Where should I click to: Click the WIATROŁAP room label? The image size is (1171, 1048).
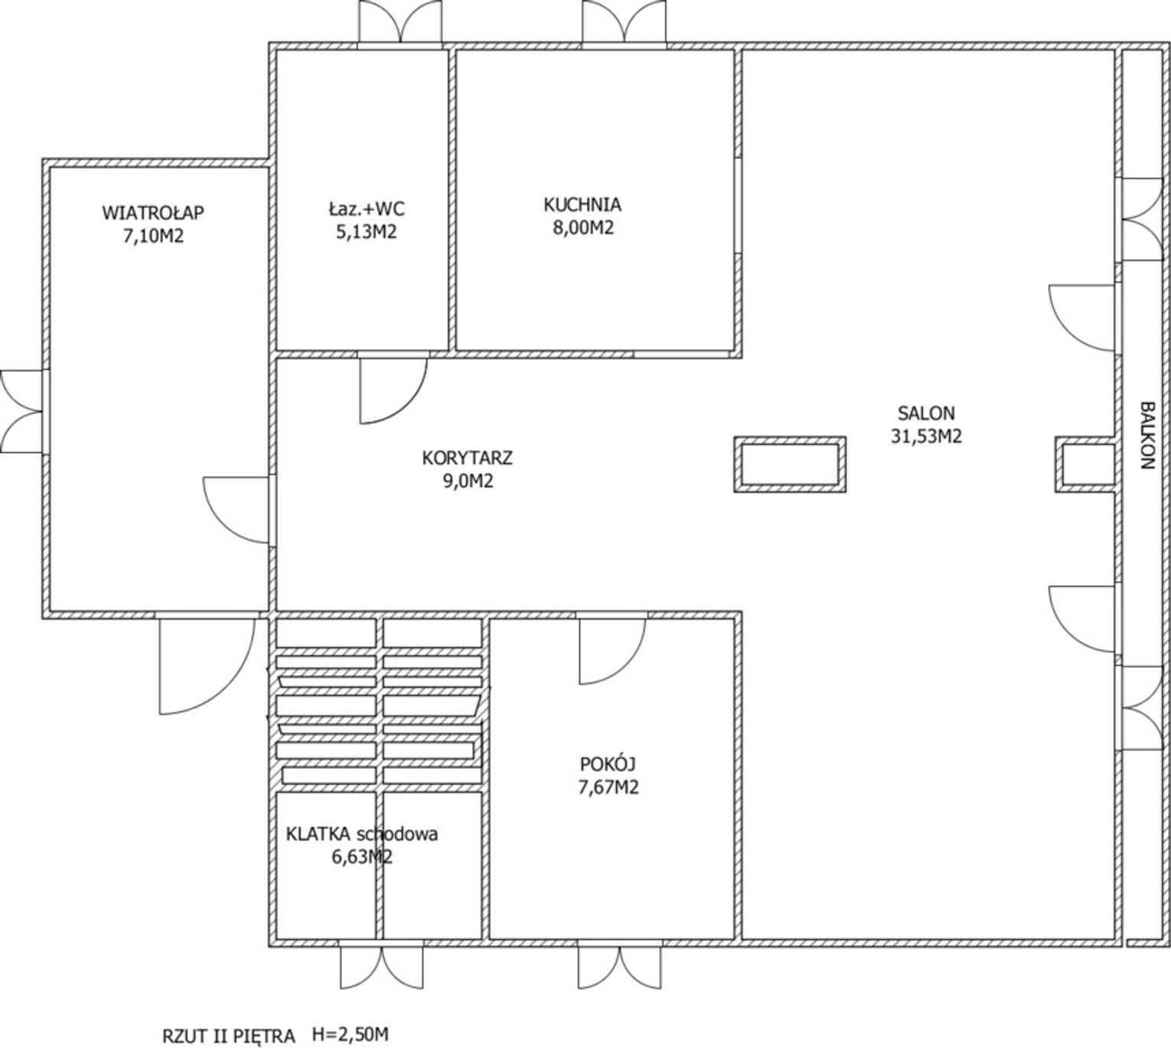tap(153, 213)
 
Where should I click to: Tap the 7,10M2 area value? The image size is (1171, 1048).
tap(153, 236)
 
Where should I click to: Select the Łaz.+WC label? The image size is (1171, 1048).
tap(367, 208)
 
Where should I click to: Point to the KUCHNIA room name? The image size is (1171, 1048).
tap(582, 204)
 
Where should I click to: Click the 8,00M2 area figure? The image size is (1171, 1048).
tap(583, 228)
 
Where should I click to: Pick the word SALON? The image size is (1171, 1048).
tap(926, 413)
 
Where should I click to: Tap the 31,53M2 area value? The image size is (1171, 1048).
tap(926, 436)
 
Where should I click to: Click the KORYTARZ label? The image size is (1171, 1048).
tap(467, 458)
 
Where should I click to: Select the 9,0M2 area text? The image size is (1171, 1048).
tap(468, 480)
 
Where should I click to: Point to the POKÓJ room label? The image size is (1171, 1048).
tap(608, 764)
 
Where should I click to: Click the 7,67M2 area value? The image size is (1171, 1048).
tap(608, 787)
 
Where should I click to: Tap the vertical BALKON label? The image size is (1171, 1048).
tap(1148, 435)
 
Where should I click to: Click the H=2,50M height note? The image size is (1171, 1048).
tap(351, 1033)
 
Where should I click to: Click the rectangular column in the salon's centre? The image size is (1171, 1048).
tap(790, 464)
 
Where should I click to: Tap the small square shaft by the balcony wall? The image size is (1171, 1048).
tap(1085, 464)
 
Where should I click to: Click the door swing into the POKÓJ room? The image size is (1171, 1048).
tap(612, 651)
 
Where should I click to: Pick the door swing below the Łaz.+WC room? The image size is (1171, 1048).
tap(393, 391)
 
